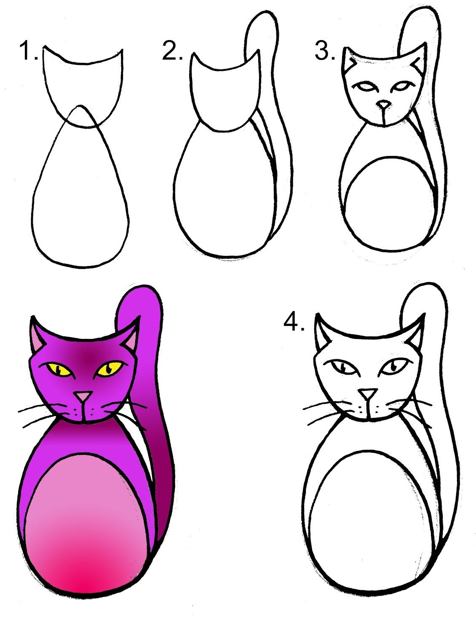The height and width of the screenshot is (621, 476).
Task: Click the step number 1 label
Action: tap(29, 51)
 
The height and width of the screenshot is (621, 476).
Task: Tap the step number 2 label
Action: tap(172, 51)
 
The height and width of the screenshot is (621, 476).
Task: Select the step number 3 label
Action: tap(325, 51)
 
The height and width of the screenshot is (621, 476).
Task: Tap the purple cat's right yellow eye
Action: tap(110, 368)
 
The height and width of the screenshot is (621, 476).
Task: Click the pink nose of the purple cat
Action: tap(83, 396)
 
